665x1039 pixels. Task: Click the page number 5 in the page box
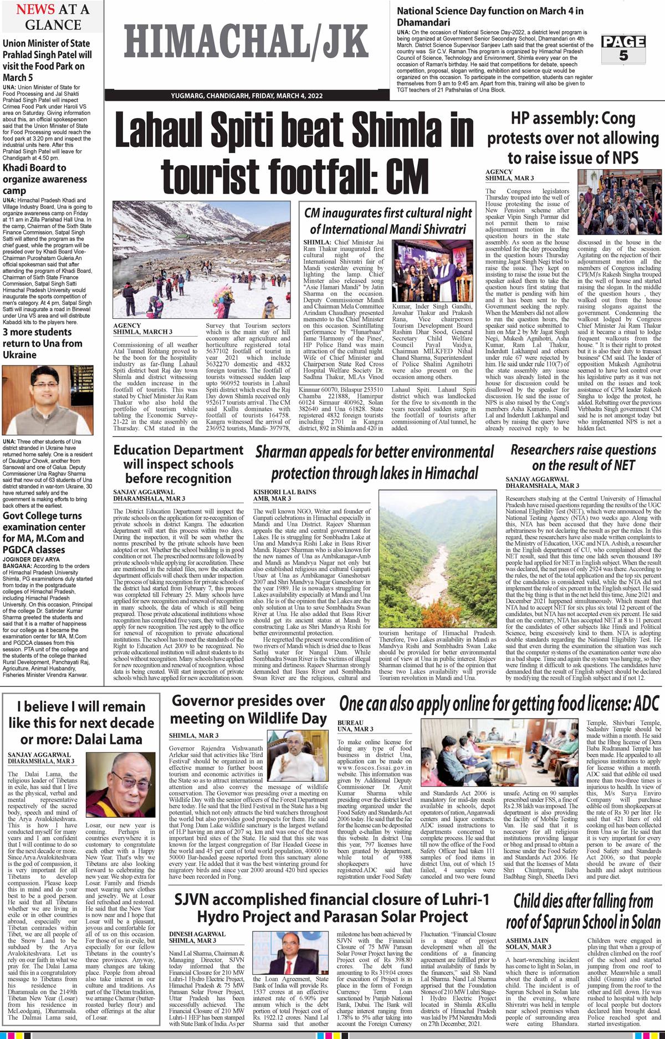(x=624, y=55)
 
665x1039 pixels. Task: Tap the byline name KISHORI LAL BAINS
(x=285, y=492)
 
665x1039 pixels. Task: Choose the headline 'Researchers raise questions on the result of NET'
(x=583, y=457)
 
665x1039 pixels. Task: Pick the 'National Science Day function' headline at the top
(x=490, y=16)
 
